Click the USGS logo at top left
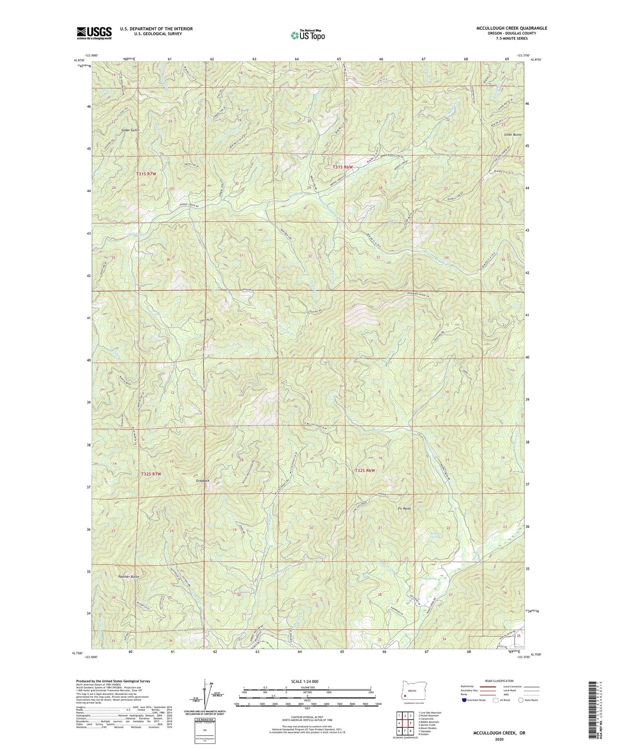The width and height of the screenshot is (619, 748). pos(94,33)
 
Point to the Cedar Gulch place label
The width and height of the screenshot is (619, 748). pos(130,130)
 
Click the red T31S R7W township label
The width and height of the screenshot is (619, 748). pos(146,174)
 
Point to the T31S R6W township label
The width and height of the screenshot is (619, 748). pos(343,167)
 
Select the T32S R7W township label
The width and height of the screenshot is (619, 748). pos(148,474)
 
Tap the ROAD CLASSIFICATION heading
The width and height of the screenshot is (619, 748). pos(499,681)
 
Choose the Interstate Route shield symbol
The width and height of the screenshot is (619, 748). pos(464,700)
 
